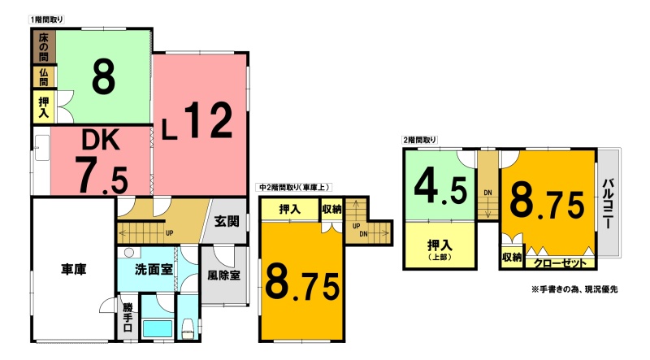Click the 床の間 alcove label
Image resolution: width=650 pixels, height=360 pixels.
[44, 47]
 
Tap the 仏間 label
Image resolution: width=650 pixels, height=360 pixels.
[44, 77]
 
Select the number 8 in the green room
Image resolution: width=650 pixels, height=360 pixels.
[103, 76]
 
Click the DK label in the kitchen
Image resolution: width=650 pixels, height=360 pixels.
[101, 140]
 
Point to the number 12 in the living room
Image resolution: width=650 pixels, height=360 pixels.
[208, 120]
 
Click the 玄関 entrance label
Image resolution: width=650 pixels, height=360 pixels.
[227, 221]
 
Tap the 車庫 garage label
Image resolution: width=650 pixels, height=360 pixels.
[74, 270]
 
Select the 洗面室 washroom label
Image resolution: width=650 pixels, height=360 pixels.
[154, 270]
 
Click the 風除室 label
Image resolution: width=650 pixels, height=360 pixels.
[224, 275]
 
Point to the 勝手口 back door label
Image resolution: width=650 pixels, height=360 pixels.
[128, 317]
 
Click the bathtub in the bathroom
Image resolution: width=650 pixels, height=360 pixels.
[158, 328]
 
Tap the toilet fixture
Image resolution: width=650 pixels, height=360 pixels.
[188, 329]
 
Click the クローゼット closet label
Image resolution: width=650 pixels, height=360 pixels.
[560, 263]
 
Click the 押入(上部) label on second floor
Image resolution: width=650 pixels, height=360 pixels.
[440, 249]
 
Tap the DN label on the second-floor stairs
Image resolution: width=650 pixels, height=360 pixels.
[488, 193]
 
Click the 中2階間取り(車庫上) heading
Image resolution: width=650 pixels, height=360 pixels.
[294, 188]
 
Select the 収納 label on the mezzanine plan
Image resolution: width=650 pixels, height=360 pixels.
[332, 210]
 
